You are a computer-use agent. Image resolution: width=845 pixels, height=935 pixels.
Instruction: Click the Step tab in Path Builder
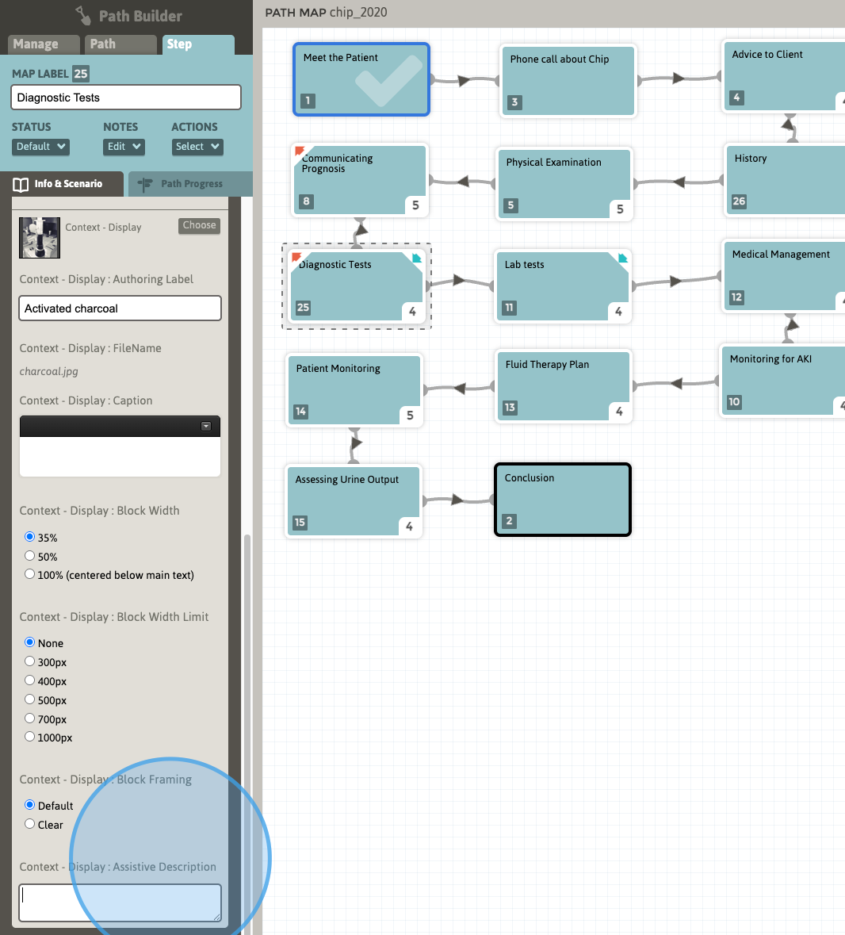coord(198,44)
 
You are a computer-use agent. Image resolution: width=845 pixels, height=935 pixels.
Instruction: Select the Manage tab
coord(43,44)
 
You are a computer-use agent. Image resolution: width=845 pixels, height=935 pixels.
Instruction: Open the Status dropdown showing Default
coord(40,147)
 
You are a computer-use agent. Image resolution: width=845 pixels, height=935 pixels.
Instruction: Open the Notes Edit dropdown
coord(124,147)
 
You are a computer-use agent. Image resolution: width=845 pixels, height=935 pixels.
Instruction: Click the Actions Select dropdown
coord(197,147)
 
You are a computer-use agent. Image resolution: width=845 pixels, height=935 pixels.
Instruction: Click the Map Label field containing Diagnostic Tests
coord(126,98)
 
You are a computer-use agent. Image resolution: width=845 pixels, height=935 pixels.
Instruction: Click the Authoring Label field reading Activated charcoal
coord(120,308)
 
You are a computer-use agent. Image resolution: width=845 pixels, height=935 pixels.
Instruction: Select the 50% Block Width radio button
coord(30,556)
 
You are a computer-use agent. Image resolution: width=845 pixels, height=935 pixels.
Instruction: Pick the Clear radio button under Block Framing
coord(30,824)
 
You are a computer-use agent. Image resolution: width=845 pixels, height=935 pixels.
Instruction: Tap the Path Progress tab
coord(190,184)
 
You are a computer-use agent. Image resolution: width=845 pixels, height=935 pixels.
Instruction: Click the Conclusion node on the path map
coord(563,500)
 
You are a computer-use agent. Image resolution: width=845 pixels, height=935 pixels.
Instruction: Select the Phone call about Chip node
coord(568,81)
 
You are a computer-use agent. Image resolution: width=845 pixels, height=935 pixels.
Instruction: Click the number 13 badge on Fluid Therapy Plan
coord(510,408)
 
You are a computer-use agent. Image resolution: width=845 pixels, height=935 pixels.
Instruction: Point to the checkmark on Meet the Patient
coord(388,80)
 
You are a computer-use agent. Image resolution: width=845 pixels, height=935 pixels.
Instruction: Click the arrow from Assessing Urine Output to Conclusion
coord(457,500)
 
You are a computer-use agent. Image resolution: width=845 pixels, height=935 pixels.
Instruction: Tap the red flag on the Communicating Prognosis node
coord(300,151)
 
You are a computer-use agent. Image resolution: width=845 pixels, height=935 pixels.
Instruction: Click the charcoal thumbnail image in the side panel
coord(40,237)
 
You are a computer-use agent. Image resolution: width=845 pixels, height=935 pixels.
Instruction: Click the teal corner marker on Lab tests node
coord(623,259)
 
